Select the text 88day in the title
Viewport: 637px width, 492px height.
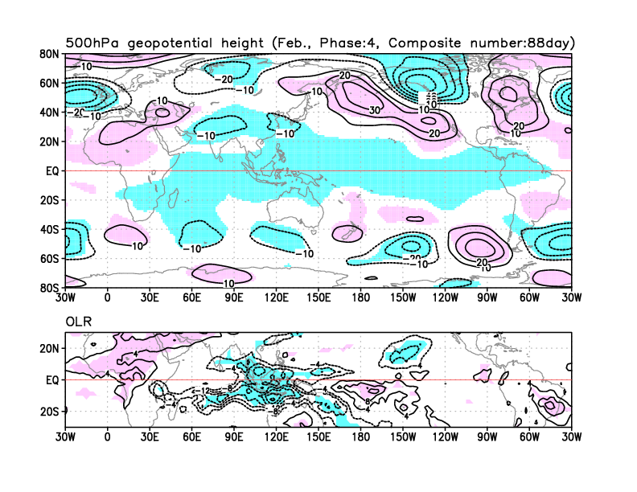click(551, 43)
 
